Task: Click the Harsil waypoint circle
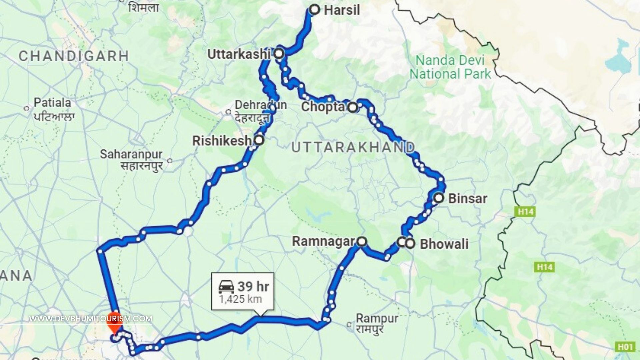click(314, 10)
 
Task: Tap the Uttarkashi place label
click(239, 54)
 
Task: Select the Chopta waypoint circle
click(353, 107)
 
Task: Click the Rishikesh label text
click(222, 141)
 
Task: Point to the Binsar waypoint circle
click(439, 198)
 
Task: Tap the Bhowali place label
click(444, 244)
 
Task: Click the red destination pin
click(115, 322)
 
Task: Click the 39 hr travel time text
click(253, 286)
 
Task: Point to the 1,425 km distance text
click(240, 299)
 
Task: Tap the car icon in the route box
click(226, 286)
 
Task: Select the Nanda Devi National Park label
click(450, 67)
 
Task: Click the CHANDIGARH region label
click(74, 56)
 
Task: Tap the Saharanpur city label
click(131, 154)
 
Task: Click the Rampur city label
click(377, 318)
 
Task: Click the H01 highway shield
click(625, 347)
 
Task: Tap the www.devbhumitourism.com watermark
click(91, 319)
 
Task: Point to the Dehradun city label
click(261, 105)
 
